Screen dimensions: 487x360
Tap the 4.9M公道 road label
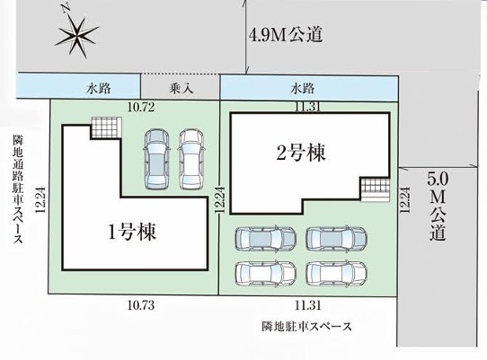pos(286,34)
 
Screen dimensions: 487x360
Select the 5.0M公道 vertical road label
pos(438,206)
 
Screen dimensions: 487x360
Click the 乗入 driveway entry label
pos(182,89)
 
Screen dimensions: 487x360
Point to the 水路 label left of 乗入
pos(99,89)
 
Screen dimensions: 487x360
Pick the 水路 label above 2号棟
pos(303,89)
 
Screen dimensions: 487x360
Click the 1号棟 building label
pos(132,232)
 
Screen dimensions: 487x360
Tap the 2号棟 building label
pos(301,152)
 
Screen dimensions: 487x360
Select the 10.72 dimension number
pos(141,108)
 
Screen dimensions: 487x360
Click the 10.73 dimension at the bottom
pos(141,305)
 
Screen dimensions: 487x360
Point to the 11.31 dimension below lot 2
pos(308,306)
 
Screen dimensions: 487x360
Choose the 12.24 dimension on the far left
pos(40,200)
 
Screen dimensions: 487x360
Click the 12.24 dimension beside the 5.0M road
pos(404,200)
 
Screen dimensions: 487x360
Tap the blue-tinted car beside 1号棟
pos(156,160)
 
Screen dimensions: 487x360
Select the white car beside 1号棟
pos(190,160)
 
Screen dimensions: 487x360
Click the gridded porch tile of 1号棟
pos(106,127)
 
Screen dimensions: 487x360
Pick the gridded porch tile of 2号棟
pos(375,189)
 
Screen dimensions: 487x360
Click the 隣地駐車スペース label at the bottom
pos(307,327)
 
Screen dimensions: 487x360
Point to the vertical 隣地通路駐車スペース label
pos(18,189)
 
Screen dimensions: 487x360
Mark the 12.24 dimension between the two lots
pos(219,200)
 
